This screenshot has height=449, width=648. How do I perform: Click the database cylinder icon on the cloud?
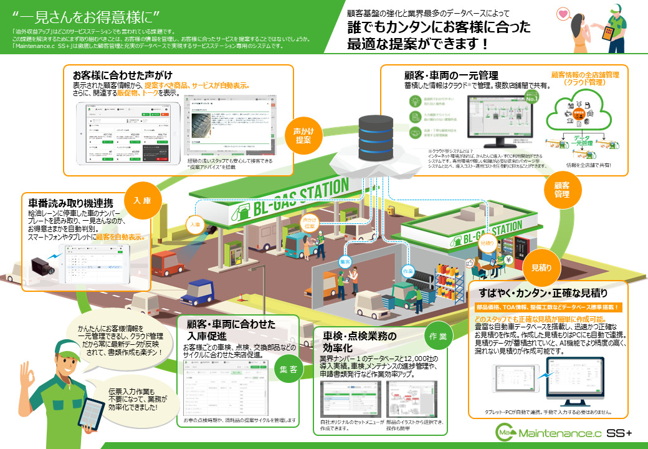(x=376, y=135)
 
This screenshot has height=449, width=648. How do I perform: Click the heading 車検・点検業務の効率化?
(x=359, y=342)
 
